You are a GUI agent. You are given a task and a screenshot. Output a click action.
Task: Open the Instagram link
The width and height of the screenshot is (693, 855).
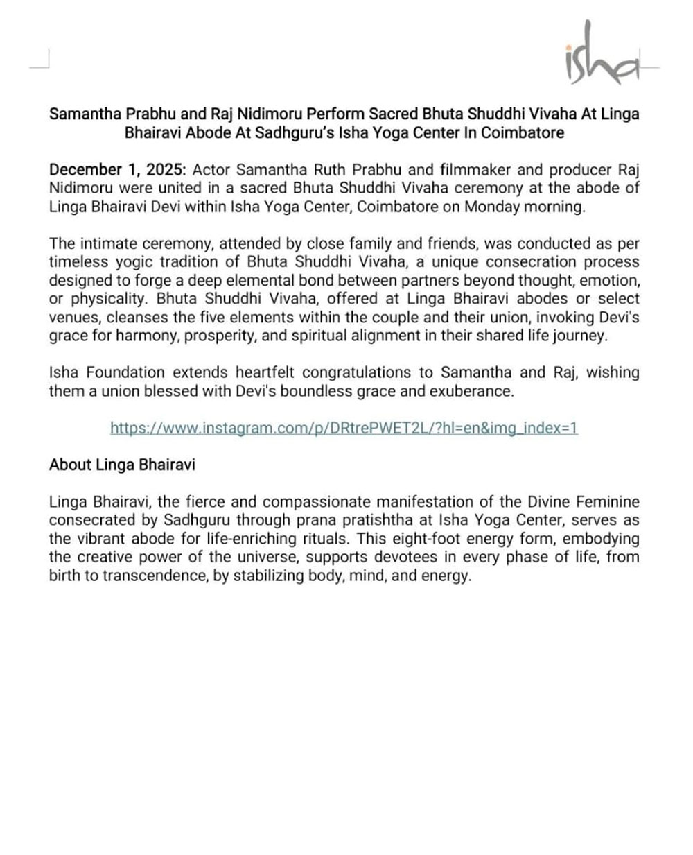[x=344, y=428]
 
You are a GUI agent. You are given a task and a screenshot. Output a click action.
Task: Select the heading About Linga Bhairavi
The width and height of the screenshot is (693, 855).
[x=122, y=465]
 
